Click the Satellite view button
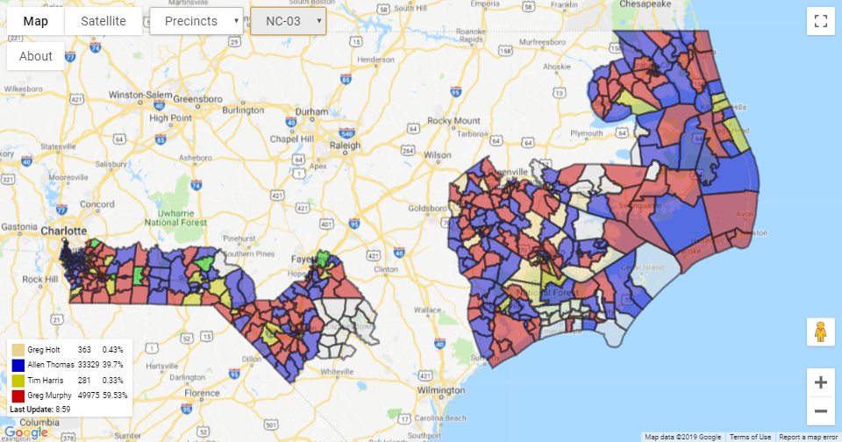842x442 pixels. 103,21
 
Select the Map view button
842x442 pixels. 36,21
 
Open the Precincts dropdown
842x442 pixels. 196,21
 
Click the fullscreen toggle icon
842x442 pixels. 821,21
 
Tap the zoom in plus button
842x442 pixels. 821,382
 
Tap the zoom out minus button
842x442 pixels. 821,410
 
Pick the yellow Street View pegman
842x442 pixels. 821,332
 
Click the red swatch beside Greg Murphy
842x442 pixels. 18,396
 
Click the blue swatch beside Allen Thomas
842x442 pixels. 18,365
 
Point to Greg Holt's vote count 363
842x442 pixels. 84,349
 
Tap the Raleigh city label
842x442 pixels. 345,146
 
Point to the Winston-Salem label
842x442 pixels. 138,94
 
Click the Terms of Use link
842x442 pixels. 751,437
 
